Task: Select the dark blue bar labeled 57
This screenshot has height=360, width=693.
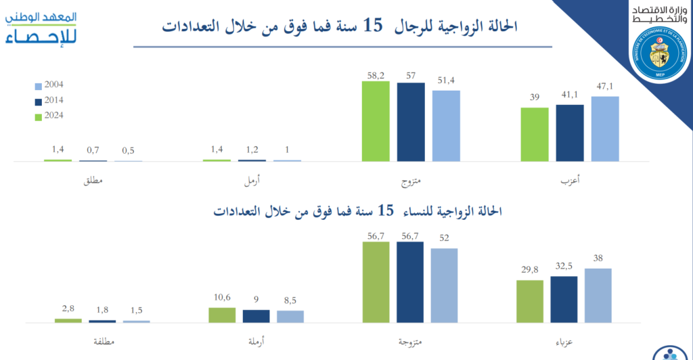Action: (x=411, y=122)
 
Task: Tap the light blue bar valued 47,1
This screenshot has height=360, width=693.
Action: (x=605, y=129)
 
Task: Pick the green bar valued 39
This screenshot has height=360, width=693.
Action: (x=535, y=134)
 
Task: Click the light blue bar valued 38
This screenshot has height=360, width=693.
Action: (x=598, y=295)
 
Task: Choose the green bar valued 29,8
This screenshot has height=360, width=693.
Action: (x=530, y=301)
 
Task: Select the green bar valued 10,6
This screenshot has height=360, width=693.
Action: (x=222, y=315)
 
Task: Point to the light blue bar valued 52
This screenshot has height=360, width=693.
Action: (x=444, y=285)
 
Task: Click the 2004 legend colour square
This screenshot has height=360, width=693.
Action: (x=38, y=87)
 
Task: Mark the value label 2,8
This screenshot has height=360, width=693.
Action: (x=68, y=309)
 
